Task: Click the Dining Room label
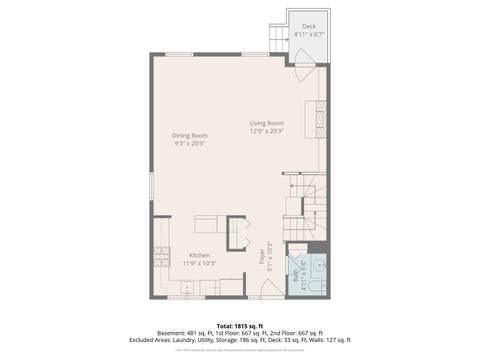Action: click(x=190, y=135)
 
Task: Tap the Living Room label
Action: click(x=267, y=123)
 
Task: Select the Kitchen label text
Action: click(x=200, y=255)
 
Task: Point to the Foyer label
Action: click(x=264, y=257)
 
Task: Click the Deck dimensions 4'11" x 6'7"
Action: click(x=309, y=35)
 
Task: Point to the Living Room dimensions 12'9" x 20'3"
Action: click(x=267, y=130)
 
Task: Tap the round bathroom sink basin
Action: click(x=317, y=267)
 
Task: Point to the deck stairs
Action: click(x=276, y=40)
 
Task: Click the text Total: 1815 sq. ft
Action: click(x=239, y=325)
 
